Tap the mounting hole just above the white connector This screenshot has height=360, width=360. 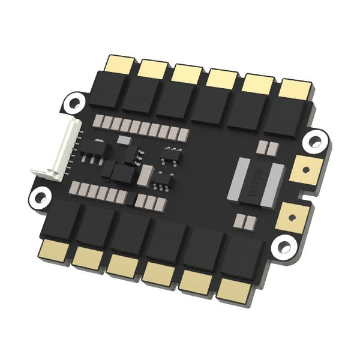[74, 100]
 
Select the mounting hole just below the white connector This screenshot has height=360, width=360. [40, 195]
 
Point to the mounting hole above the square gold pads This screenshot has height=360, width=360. [313, 142]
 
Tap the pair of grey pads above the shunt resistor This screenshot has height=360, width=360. [265, 146]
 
